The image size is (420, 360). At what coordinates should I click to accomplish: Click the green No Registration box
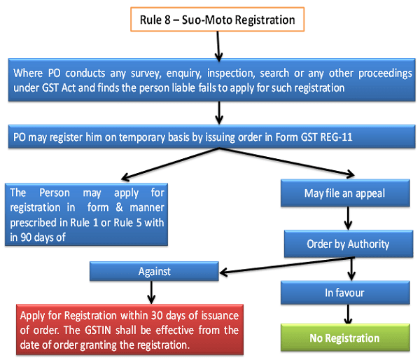point(344,338)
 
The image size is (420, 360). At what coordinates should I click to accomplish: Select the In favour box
point(344,292)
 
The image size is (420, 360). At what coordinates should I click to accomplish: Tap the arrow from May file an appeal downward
point(344,218)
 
